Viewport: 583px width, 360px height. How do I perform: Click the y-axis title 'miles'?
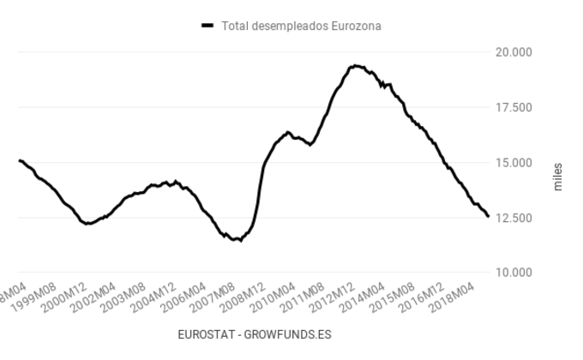[558, 176]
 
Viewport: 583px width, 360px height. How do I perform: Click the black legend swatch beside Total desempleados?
[207, 26]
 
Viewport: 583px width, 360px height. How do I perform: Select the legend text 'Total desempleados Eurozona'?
[301, 26]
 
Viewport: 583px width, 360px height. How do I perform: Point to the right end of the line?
[488, 217]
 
